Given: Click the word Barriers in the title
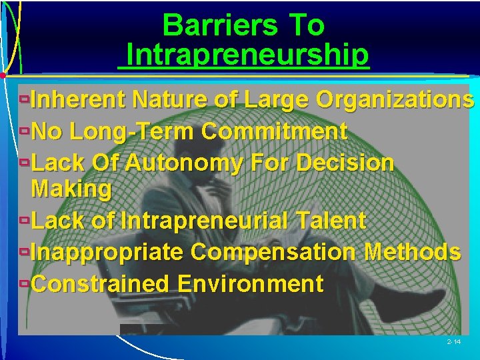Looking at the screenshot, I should click(220, 26).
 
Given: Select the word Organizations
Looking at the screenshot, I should click(395, 100).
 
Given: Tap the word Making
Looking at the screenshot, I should click(71, 189).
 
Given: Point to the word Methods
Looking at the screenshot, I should click(411, 252).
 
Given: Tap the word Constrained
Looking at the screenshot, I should click(101, 284).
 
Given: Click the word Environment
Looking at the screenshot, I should click(251, 284).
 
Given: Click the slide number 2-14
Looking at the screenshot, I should click(453, 341).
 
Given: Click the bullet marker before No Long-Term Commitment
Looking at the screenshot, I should click(24, 131).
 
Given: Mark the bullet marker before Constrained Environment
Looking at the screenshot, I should click(24, 284).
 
